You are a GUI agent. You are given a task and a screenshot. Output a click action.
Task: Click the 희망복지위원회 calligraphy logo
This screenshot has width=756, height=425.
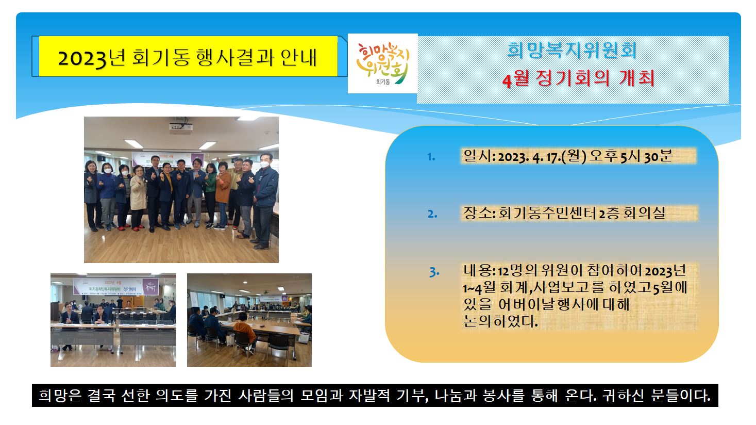[x=382, y=62]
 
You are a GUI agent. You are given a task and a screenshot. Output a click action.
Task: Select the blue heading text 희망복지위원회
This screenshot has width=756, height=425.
[x=572, y=50]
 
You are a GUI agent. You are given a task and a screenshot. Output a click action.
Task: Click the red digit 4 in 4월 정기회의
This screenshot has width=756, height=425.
[x=507, y=80]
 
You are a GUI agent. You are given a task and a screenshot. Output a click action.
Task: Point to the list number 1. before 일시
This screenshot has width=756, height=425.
[x=431, y=157]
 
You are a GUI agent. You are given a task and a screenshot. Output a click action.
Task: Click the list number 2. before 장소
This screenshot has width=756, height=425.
[x=432, y=214]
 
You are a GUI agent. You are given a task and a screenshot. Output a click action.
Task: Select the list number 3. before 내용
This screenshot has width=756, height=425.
[x=434, y=272]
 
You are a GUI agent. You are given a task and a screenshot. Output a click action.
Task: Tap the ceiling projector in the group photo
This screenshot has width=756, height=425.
[x=181, y=127]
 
